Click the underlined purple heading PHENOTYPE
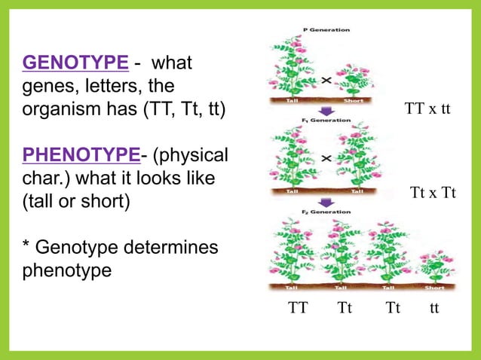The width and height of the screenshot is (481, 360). pos(81,155)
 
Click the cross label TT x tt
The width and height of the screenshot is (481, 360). pos(427,108)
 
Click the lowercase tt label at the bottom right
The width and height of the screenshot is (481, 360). pos(434,308)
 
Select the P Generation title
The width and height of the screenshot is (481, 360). pos(326,29)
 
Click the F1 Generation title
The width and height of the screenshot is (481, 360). pos(326,119)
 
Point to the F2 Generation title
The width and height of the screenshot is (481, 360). pos(326,212)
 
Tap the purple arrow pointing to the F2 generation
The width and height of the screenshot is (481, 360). pos(326,202)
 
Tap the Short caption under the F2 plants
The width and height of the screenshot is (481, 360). pos(435,287)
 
